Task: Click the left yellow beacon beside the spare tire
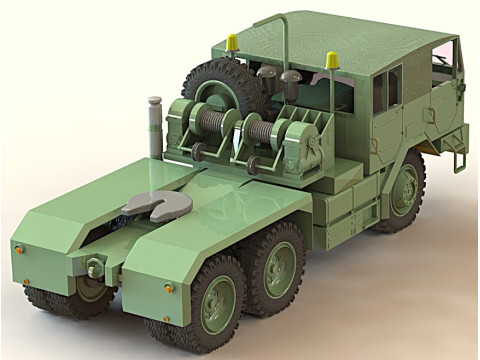[x=232, y=43]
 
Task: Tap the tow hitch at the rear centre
[x=96, y=269]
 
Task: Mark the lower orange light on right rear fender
[x=169, y=289]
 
